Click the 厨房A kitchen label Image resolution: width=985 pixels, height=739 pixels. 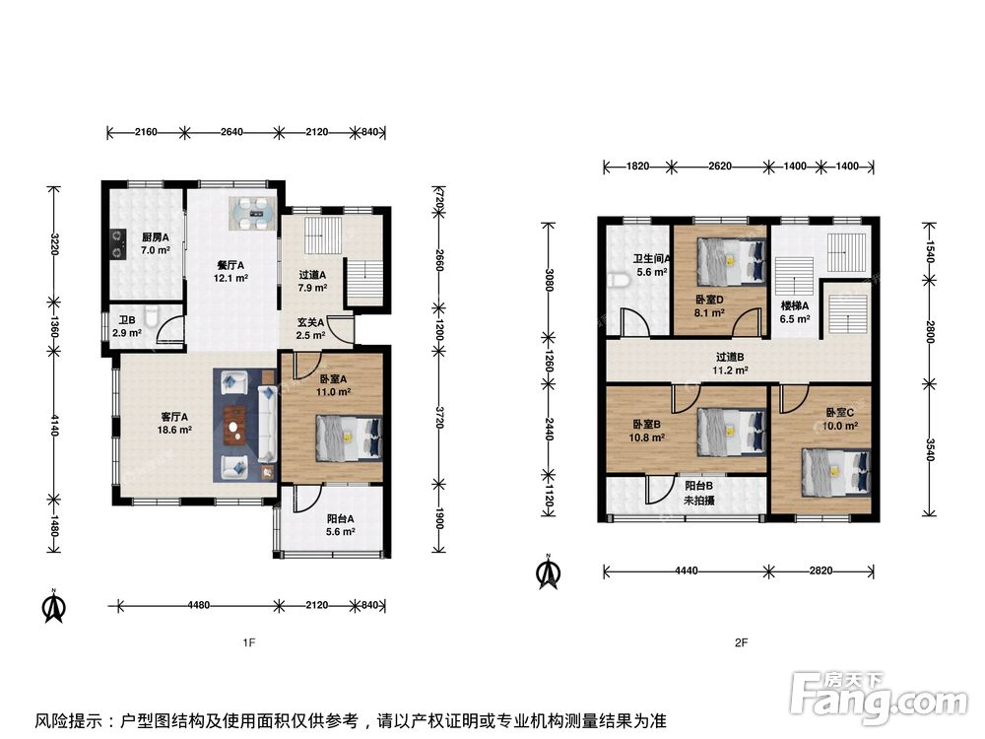(156, 237)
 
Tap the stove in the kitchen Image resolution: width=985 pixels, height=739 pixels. (116, 243)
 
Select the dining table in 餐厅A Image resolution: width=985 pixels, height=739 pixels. (252, 214)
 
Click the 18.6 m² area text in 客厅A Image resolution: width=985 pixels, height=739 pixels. (174, 430)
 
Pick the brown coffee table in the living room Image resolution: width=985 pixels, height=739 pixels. (234, 426)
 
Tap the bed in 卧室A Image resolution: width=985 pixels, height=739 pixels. (349, 438)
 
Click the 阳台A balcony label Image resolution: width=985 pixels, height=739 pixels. (341, 519)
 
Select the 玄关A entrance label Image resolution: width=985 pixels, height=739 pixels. (310, 322)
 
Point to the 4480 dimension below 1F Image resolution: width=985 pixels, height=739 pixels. (199, 605)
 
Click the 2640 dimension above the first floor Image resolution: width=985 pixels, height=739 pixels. (231, 132)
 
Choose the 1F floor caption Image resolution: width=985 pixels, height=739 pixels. (249, 642)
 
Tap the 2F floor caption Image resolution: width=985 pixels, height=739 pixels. (742, 642)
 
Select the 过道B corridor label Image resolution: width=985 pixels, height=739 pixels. (729, 357)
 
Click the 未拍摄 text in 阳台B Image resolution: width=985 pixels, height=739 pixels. (698, 501)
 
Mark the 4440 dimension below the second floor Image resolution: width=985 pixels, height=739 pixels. (686, 571)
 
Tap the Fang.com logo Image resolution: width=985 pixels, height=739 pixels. (879, 698)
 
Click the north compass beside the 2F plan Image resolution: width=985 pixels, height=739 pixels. (549, 571)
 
